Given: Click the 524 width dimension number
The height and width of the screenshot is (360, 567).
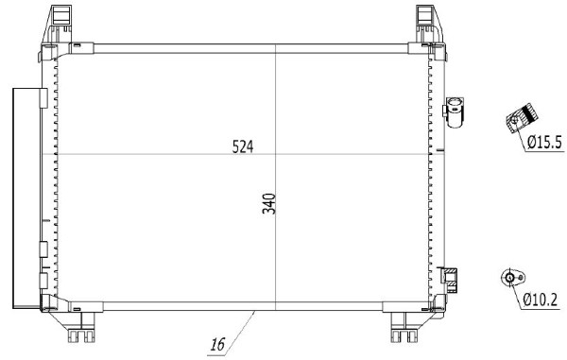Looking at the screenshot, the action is pos(243,146).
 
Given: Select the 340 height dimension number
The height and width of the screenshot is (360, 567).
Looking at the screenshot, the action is pos(269,204).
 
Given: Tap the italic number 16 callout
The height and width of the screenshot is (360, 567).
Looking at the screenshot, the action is pos(218,344).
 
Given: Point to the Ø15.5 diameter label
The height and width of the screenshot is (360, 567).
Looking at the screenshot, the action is pos(544,142).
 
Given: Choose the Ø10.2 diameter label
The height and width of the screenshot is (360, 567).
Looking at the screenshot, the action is pos(541,300).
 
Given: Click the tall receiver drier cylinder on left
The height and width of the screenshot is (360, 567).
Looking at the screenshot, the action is pos(26,198).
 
